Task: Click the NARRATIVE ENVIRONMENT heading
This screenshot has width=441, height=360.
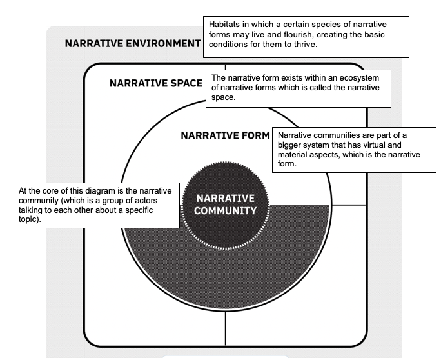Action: [x=133, y=43]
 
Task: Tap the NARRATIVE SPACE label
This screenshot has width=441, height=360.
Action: [x=156, y=83]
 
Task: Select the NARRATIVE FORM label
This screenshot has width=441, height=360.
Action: [x=225, y=135]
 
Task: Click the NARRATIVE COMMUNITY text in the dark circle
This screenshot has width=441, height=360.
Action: [x=225, y=205]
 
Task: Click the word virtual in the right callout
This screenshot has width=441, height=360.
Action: [x=375, y=145]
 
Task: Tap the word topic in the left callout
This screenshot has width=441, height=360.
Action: [x=29, y=219]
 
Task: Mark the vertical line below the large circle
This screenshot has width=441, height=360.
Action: [x=225, y=328]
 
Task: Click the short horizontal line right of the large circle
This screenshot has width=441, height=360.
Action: [x=348, y=205]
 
